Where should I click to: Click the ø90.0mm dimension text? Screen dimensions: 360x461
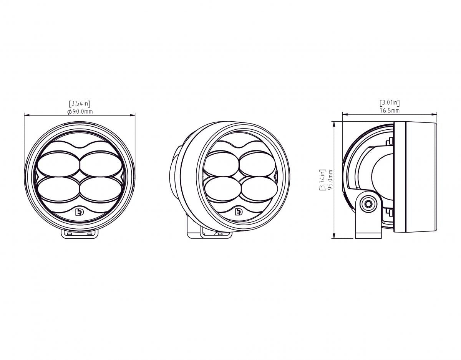point(80,111)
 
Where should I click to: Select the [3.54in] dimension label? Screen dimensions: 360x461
point(80,104)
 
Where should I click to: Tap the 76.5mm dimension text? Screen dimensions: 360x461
point(390,111)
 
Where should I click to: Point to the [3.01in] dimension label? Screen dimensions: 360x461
point(390,103)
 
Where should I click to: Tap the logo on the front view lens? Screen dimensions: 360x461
point(80,212)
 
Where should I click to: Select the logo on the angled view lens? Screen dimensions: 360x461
point(239,212)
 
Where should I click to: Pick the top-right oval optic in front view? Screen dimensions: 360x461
point(101,163)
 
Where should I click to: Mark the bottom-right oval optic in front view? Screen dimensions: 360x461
point(101,188)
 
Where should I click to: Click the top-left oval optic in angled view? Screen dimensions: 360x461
point(221,163)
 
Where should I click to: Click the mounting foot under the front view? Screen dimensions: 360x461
point(80,233)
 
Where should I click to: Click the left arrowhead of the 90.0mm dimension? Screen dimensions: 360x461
point(25,115)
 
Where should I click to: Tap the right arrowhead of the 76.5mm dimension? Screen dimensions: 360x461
point(436,114)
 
